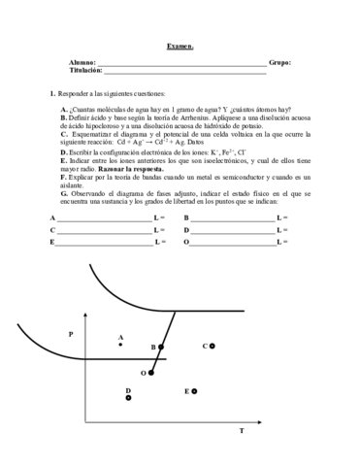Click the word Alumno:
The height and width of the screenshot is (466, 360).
click(83, 62)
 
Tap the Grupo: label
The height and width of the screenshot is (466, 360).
click(279, 62)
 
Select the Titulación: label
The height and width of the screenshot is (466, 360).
click(85, 71)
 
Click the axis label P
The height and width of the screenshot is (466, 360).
click(70, 334)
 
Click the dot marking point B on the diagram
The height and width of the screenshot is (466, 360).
click(162, 347)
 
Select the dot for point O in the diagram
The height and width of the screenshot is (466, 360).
click(152, 372)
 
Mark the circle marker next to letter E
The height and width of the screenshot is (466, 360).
click(195, 390)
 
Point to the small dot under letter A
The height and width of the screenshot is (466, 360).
click(120, 346)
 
